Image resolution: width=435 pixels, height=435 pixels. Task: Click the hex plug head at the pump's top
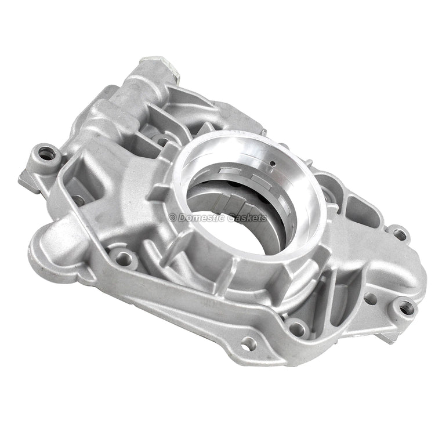click(x=160, y=67)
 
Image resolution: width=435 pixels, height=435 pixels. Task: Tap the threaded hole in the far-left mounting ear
click(x=46, y=154)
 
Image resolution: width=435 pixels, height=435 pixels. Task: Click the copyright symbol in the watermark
click(x=172, y=217)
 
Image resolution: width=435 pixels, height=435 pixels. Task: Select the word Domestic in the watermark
click(x=202, y=217)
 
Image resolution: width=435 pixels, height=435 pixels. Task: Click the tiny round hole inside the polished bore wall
click(x=273, y=164)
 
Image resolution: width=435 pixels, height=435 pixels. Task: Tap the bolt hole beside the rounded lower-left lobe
click(x=124, y=258)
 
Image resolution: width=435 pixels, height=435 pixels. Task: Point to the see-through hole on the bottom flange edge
click(x=245, y=346)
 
